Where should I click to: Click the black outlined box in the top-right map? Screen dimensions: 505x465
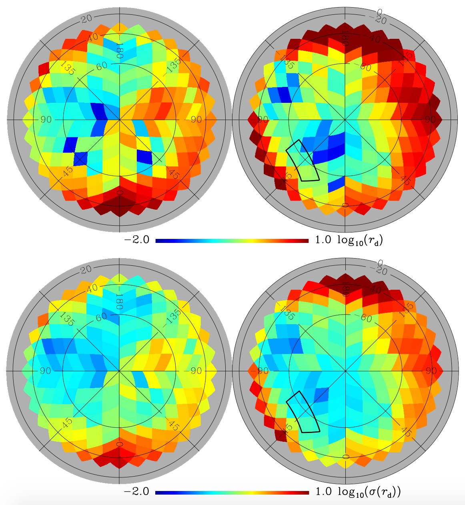click(303, 160)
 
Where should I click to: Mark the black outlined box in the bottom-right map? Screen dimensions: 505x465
click(303, 412)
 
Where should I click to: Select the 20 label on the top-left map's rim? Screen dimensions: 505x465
click(86, 18)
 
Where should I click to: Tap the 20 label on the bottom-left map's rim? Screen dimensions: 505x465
click(86, 269)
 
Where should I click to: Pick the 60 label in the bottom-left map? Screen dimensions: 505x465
click(101, 316)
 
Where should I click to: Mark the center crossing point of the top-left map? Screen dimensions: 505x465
click(119, 120)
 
